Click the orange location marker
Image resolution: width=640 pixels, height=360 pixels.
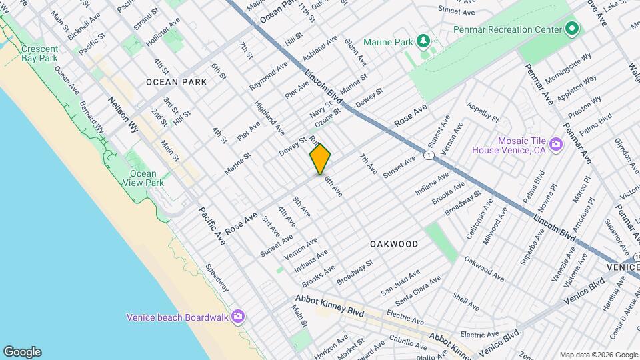[320, 159]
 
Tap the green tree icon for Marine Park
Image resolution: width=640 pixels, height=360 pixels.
[423, 42]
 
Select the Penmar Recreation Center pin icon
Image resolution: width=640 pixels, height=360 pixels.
[571, 29]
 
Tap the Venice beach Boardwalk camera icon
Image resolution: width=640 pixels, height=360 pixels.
[238, 317]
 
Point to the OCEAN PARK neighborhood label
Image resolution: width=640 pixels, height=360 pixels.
[177, 81]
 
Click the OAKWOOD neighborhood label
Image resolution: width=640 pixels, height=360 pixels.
[394, 244]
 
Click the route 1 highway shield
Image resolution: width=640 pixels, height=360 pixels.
[428, 155]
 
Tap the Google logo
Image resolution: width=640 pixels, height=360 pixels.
[22, 352]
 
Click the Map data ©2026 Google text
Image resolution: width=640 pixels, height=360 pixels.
[598, 355]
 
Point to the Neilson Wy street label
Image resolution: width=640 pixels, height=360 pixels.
[122, 115]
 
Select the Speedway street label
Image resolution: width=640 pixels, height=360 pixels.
[217, 278]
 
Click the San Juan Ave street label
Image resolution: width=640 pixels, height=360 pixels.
[400, 283]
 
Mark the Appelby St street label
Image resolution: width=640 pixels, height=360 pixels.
[483, 113]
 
